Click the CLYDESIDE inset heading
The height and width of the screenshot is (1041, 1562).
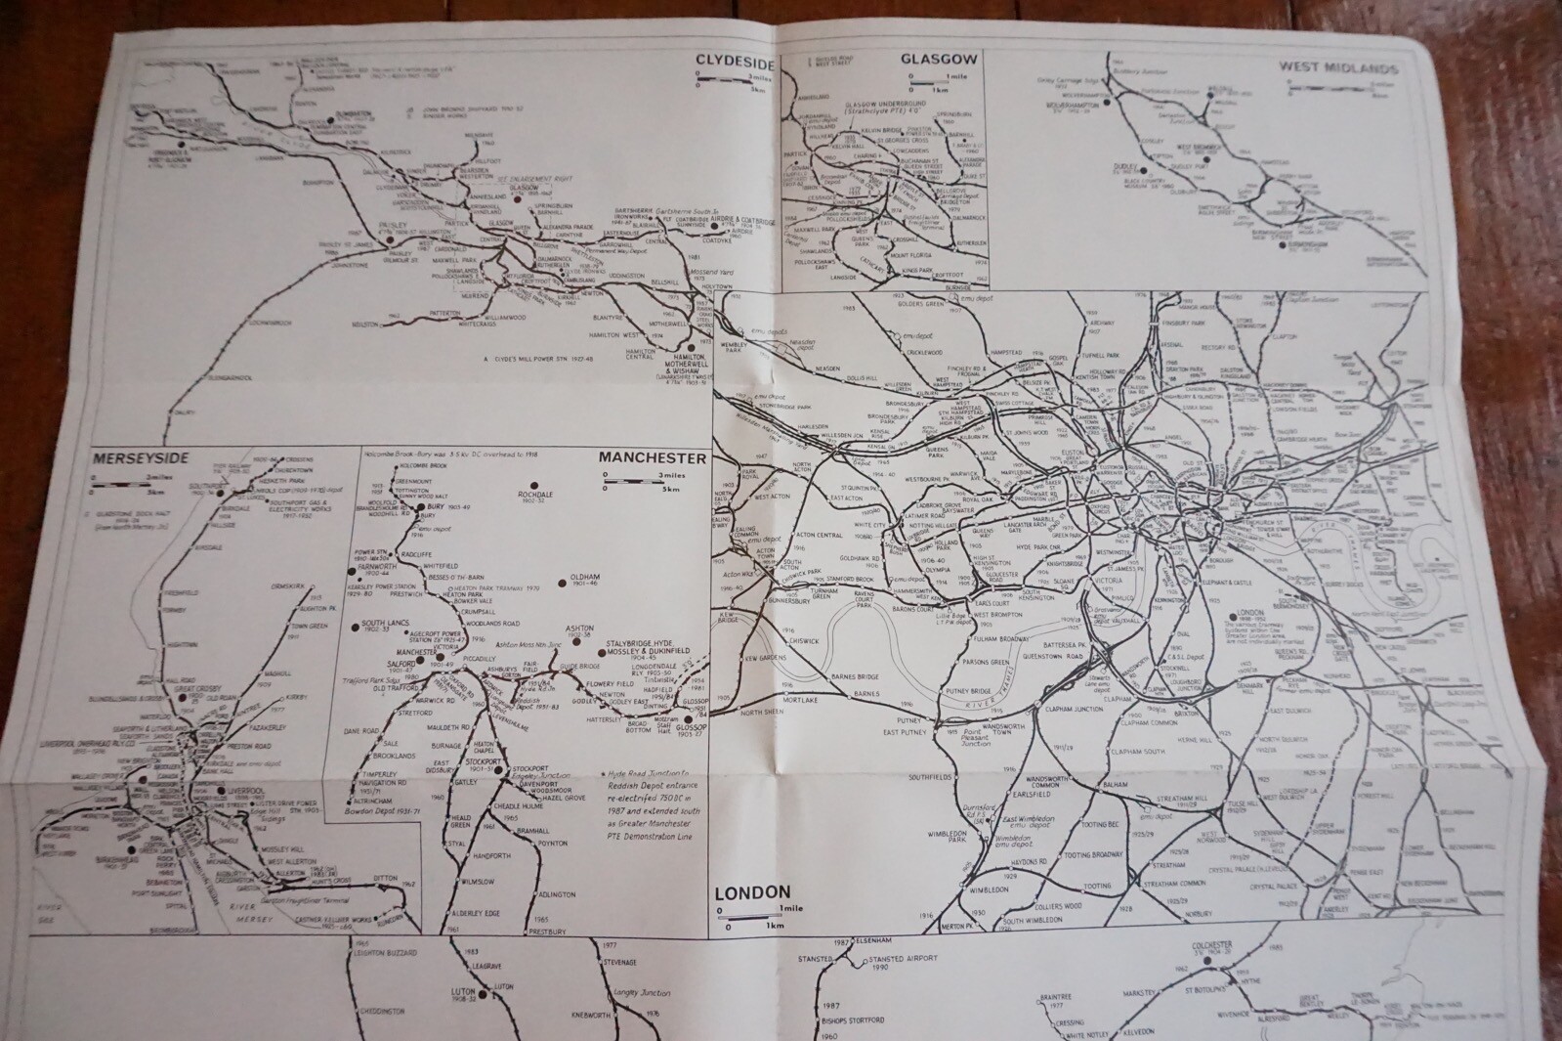coord(735,60)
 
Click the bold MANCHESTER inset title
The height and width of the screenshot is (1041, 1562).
coord(653,457)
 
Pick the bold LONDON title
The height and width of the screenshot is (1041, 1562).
coord(751,891)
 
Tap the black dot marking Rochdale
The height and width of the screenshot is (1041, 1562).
coord(534,486)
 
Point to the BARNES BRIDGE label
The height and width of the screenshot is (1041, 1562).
coord(856,676)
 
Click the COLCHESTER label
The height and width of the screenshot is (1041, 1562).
coord(1214,946)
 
